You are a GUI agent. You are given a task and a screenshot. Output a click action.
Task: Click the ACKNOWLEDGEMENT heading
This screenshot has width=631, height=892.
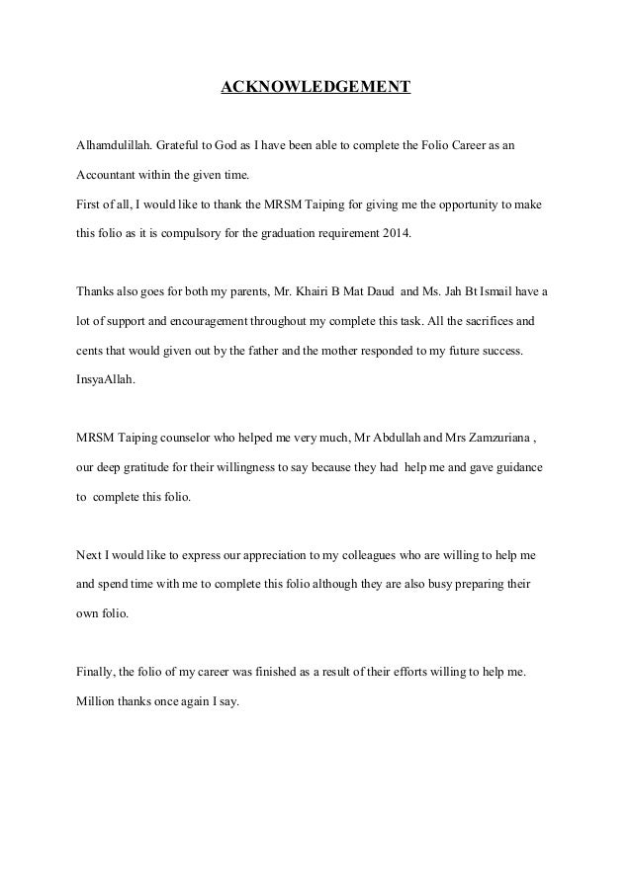click(x=315, y=88)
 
